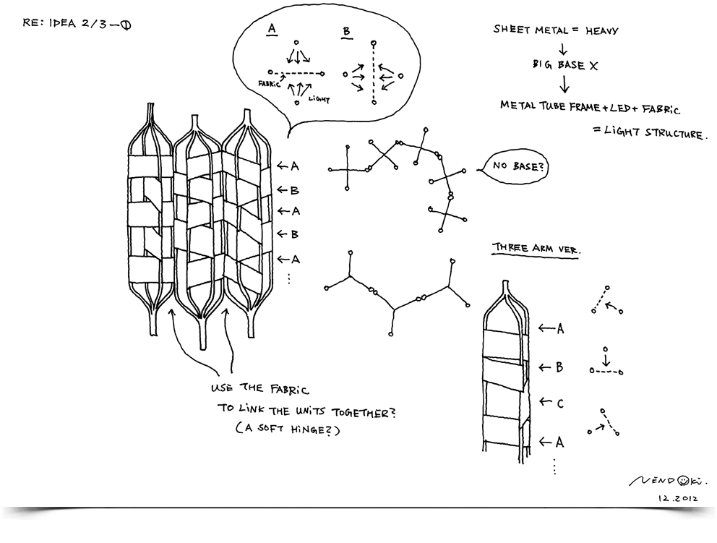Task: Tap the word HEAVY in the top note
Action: pos(596,30)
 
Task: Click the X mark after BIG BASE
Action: pos(594,64)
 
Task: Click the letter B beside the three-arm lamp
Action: pos(559,367)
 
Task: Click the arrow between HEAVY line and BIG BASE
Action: pos(561,48)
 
